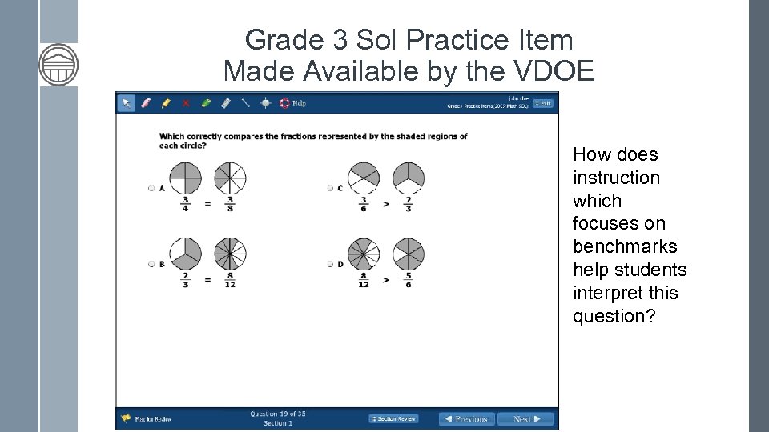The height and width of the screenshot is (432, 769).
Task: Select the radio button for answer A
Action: point(151,188)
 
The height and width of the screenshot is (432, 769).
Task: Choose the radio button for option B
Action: point(151,264)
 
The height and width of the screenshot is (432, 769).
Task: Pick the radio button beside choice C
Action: point(330,188)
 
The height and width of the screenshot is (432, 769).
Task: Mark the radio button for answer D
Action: point(330,264)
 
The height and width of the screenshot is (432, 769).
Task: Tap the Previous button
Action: point(466,418)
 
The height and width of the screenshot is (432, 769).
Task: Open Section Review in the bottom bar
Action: point(394,418)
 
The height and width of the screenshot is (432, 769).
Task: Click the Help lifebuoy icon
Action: point(284,103)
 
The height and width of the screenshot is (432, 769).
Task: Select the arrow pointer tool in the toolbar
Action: point(127,103)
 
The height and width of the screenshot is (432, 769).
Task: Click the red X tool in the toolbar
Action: point(186,103)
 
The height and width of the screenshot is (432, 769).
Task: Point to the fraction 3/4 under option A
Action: point(186,203)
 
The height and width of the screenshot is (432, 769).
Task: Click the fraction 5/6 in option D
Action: point(409,280)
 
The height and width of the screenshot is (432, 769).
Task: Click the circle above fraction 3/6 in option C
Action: point(364,178)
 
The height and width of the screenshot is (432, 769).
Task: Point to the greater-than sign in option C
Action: point(386,204)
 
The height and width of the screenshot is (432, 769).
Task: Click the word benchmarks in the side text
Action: point(625,246)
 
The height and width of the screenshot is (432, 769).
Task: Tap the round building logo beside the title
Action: point(58,65)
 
